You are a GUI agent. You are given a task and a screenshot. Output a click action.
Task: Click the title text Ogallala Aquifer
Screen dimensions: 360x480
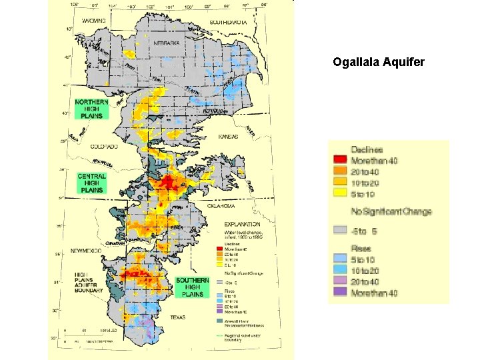[x=378, y=63]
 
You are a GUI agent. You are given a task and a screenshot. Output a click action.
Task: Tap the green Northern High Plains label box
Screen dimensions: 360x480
[x=92, y=109]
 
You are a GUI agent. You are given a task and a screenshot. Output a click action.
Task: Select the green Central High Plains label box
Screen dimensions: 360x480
[x=91, y=183]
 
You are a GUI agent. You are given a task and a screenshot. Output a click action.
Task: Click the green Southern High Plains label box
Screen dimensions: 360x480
[x=192, y=287]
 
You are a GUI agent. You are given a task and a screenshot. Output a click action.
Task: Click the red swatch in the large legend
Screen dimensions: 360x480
[x=340, y=160]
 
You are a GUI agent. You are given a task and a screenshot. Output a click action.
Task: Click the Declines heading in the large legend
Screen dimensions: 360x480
[x=367, y=149]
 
